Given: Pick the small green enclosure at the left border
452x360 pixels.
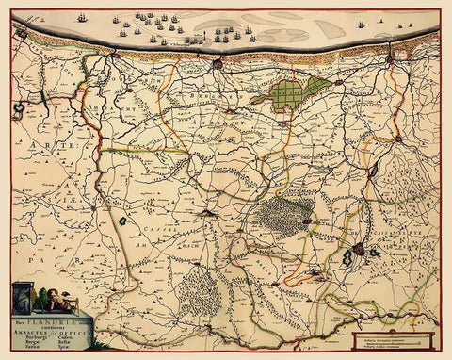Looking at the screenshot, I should pos(16,111).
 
